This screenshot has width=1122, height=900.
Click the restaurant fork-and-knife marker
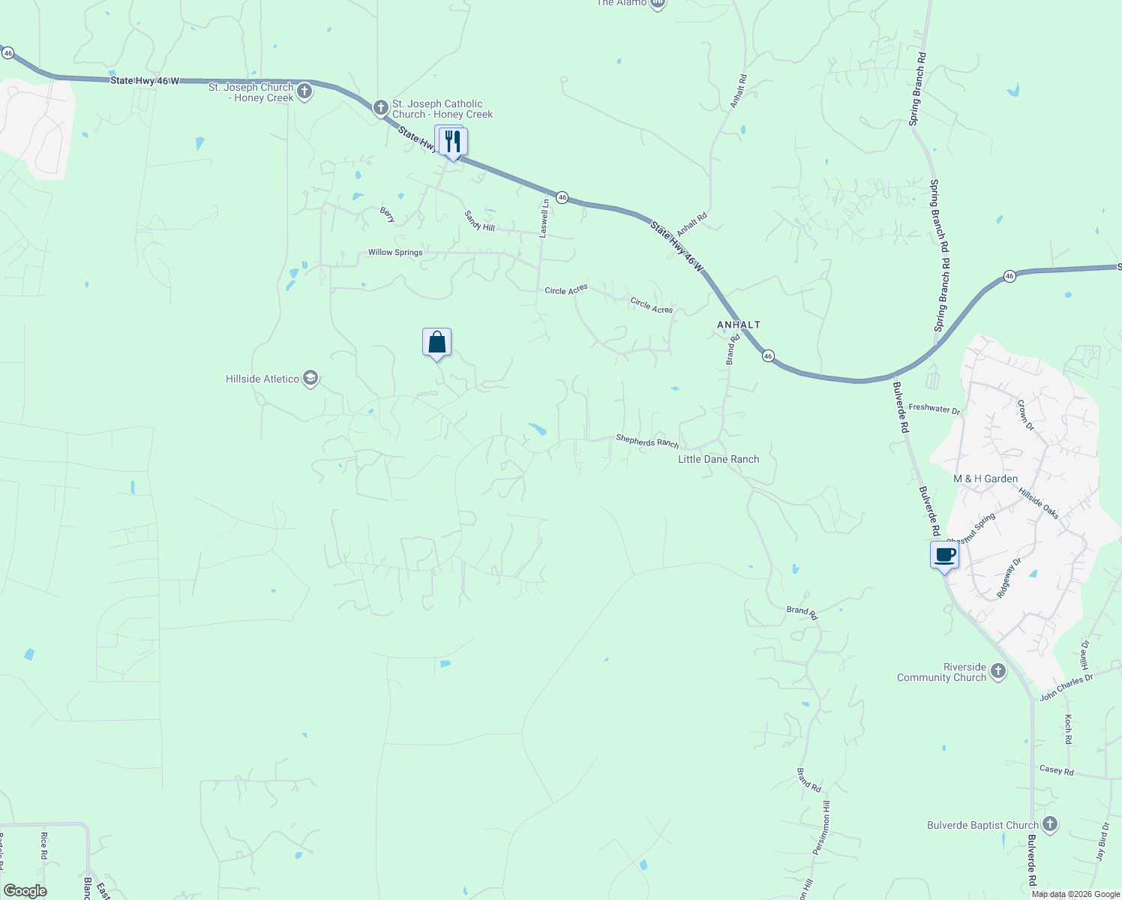point(452,141)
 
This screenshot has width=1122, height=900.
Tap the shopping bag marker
point(436,343)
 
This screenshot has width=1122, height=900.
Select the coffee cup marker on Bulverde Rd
point(944,556)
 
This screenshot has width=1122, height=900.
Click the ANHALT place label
point(739,325)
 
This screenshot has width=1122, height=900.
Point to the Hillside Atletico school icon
point(310,379)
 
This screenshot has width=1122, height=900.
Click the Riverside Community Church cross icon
point(997,671)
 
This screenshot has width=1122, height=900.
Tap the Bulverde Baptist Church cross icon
point(1050,825)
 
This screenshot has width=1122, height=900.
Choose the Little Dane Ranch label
point(718,459)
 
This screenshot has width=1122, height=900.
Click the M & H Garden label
point(985,478)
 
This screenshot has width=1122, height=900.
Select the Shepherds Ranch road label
point(647,441)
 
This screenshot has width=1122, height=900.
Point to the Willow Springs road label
point(395,253)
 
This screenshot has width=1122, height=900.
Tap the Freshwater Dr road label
point(934,409)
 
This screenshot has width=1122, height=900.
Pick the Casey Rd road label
point(1057,770)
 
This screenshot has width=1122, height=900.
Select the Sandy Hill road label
point(479,221)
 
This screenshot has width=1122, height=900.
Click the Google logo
point(25,891)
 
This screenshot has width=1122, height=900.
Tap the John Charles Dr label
point(1066,687)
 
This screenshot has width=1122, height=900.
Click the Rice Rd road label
point(44,846)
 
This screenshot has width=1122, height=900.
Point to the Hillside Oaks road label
point(1039,502)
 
